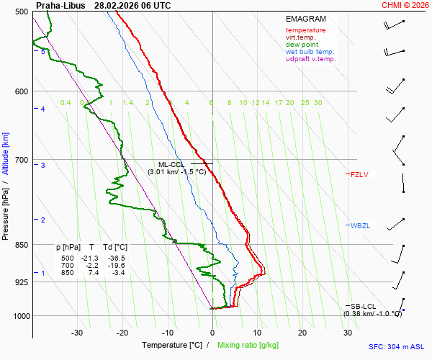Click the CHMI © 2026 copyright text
point(405,5)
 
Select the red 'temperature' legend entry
point(305,30)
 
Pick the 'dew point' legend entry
point(302,45)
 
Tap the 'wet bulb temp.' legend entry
point(310,52)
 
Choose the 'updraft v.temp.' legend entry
point(310,59)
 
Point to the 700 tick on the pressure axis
point(21,160)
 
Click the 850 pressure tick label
point(21,245)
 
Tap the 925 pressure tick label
point(21,282)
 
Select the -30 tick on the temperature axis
point(78,333)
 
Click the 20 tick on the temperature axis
point(302,333)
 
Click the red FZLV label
point(359,174)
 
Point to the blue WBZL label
point(360,226)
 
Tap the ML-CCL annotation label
point(172,164)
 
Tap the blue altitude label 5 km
point(43,52)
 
